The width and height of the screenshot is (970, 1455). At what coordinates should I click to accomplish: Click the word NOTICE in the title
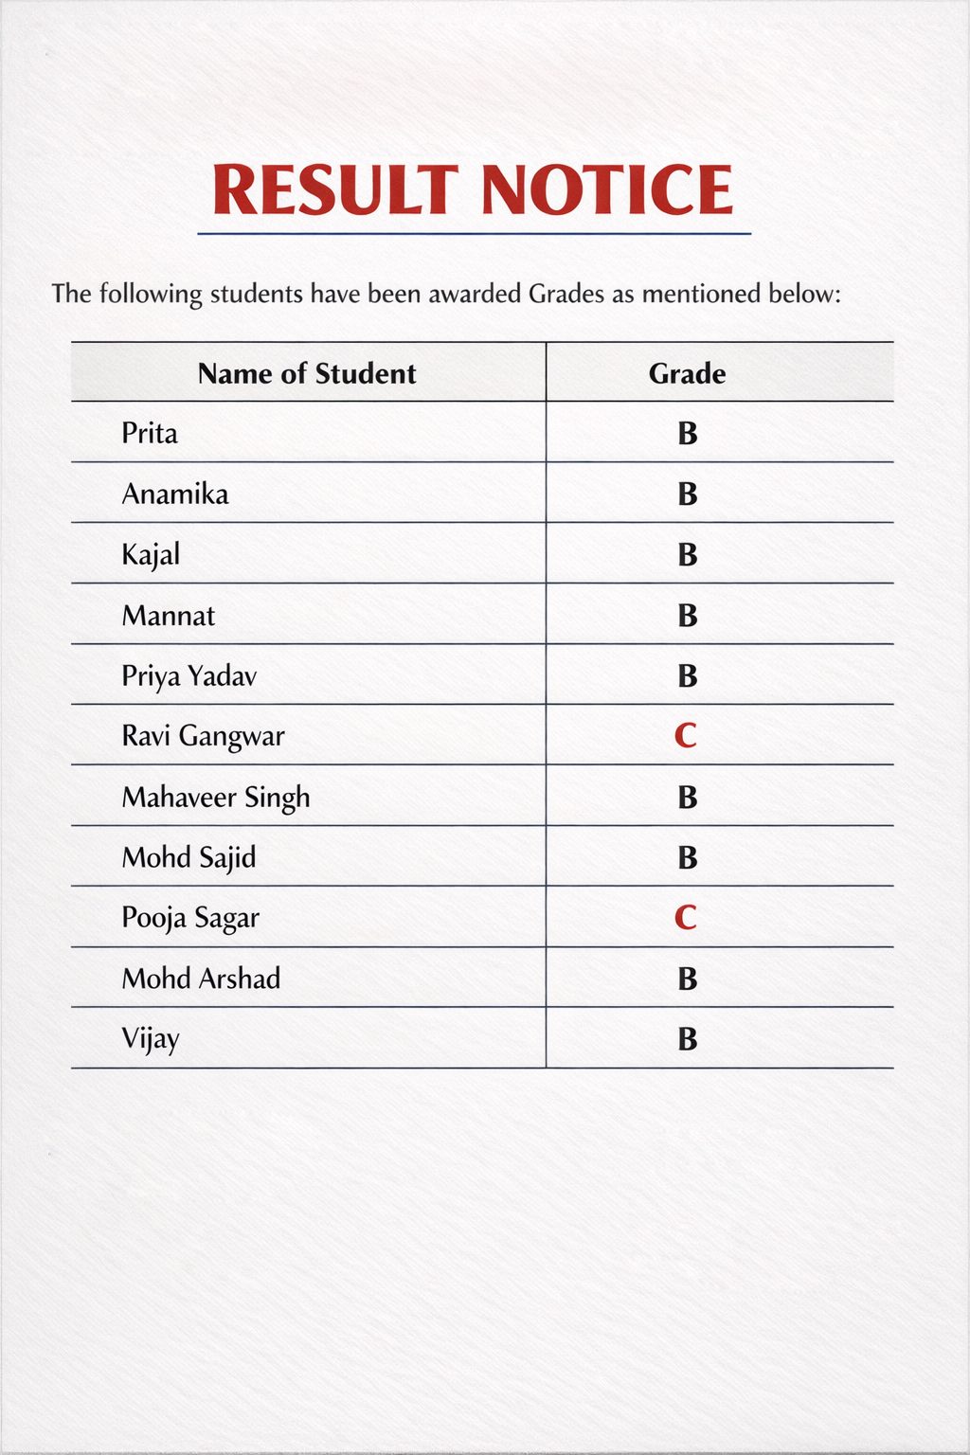point(607,189)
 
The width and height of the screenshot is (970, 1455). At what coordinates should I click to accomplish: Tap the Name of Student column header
point(307,373)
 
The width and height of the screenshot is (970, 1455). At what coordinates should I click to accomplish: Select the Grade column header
point(687,373)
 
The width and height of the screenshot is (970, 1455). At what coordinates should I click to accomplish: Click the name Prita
point(150,433)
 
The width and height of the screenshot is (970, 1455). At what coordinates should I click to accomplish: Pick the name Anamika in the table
point(175,494)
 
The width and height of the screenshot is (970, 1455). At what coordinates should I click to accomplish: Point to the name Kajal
point(151,554)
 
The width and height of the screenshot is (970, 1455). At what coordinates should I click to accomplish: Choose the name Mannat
point(169,616)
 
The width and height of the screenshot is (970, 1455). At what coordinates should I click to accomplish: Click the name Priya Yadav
point(189,676)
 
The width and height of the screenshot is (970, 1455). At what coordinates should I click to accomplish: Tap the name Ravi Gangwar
point(203,736)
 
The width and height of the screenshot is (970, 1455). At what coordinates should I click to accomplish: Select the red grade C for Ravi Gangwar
point(686,735)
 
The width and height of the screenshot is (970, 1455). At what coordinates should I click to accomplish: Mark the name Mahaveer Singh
point(216,797)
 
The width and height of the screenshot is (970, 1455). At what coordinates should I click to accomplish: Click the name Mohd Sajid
point(189,857)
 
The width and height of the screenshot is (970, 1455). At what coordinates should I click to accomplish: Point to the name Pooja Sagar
point(190,918)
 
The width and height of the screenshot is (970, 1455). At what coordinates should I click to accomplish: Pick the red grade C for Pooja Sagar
point(686,917)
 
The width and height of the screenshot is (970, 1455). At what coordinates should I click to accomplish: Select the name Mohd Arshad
point(201,978)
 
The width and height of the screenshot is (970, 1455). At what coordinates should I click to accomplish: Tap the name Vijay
point(151,1039)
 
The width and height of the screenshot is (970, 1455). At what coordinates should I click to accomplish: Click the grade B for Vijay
point(688,1039)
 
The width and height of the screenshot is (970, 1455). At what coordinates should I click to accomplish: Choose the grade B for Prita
point(688,433)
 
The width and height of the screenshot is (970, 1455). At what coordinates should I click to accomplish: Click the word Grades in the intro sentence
point(566,294)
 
